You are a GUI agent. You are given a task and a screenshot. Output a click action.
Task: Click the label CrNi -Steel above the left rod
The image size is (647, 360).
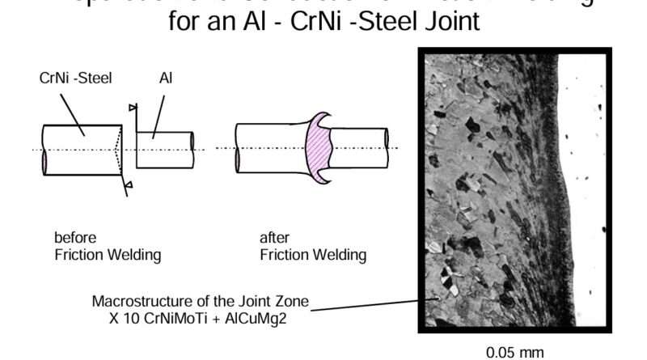[x=74, y=78]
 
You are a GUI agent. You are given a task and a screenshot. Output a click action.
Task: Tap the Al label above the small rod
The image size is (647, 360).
[x=166, y=78]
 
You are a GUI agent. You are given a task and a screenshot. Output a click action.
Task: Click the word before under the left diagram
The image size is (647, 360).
[x=74, y=238]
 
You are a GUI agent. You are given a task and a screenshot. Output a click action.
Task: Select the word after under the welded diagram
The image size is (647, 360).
[x=274, y=238]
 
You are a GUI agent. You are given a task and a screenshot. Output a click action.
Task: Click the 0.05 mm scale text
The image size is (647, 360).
[x=514, y=353]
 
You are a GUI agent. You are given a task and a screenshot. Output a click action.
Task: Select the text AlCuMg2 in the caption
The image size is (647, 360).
[x=266, y=318]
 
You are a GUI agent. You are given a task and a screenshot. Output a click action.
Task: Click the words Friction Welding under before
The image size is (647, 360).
[x=108, y=255]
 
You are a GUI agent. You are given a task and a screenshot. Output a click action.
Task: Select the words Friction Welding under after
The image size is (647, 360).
[x=313, y=255]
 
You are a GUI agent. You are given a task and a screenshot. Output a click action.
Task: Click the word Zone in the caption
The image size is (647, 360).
[x=290, y=301]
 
